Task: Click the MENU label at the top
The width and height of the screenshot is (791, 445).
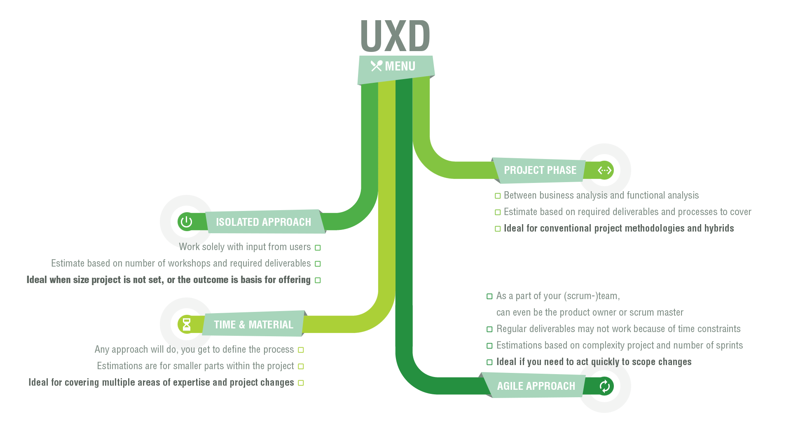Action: (x=400, y=66)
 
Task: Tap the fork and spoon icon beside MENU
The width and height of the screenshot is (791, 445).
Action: (x=376, y=66)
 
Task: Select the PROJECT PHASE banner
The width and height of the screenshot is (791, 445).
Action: (x=540, y=170)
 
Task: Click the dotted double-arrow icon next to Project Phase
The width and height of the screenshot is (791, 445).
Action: (x=604, y=170)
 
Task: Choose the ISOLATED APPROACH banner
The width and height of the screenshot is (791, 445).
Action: (x=263, y=222)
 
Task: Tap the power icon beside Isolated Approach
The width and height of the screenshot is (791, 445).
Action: (x=186, y=222)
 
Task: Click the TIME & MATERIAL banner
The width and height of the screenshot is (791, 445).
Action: (x=253, y=325)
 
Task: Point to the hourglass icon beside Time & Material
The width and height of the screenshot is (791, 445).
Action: (x=187, y=324)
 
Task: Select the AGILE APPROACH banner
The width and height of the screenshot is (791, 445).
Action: (x=536, y=386)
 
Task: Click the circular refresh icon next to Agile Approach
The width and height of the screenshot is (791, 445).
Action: (x=604, y=386)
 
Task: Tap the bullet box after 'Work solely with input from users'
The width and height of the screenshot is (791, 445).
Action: (x=318, y=248)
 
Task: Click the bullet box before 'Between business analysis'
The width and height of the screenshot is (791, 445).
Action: (x=498, y=196)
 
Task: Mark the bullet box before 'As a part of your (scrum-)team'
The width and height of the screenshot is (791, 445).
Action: (x=489, y=296)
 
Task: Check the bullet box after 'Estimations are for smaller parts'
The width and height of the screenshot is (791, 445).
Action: (x=301, y=366)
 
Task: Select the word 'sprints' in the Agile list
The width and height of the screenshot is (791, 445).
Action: (x=729, y=345)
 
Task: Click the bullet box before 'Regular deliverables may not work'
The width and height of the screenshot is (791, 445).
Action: (x=489, y=329)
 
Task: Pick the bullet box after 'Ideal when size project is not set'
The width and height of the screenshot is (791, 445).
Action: (x=318, y=280)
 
